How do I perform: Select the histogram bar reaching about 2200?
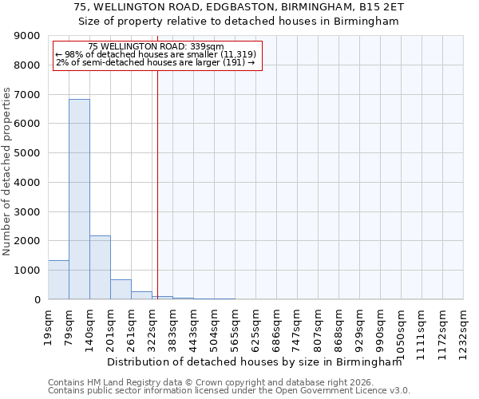click(x=100, y=267)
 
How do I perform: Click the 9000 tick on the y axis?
click(x=28, y=36)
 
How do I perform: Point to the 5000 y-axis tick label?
click(x=28, y=153)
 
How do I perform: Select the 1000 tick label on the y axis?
click(x=28, y=271)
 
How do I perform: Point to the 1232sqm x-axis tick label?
click(x=463, y=330)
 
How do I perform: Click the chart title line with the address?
click(x=239, y=7)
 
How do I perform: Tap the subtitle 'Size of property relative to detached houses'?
click(x=239, y=22)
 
